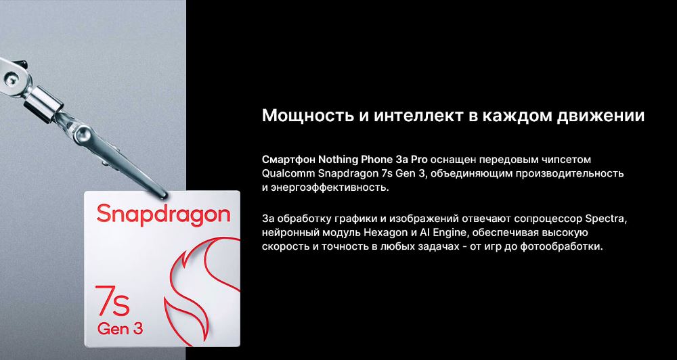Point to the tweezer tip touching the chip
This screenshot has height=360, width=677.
[x=162, y=196]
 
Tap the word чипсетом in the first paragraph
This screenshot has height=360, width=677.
[x=569, y=160]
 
